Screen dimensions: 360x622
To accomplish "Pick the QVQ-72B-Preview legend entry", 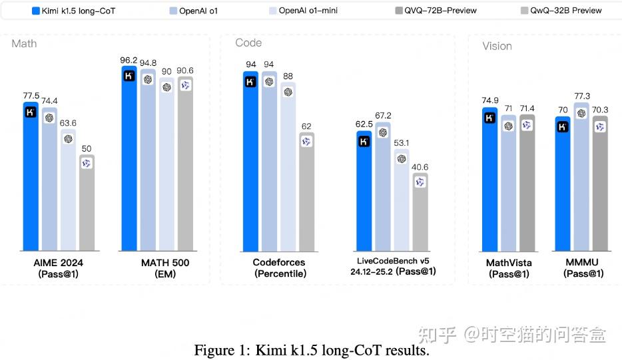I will coord(436,11).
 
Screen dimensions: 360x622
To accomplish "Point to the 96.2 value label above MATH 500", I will coord(129,59).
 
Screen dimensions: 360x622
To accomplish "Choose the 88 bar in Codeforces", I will coord(288,166).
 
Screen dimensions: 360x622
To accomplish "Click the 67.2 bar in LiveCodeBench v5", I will coord(382,186).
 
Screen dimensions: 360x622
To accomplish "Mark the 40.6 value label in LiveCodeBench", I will coord(420,167).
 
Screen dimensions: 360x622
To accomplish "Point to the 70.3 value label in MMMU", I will coord(600,110).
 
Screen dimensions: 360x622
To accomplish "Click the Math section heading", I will coord(24,44).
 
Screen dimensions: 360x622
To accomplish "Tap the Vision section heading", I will coord(497,46).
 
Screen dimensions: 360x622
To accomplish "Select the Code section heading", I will coord(248,43).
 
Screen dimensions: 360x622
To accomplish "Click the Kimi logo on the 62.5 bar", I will coord(364,141).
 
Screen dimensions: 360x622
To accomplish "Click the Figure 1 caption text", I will coord(311,350).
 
